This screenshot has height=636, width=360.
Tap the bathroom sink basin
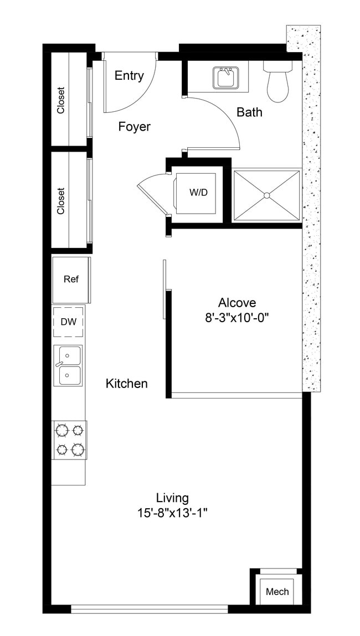pos(225,78)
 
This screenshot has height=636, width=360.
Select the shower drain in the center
pos(266,195)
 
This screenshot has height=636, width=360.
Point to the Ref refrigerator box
pos(71,279)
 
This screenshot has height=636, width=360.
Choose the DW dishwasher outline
pos(69,322)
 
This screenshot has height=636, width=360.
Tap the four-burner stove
pos(69,439)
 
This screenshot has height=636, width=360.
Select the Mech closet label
pos(277,592)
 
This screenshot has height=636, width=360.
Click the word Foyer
pos(135,127)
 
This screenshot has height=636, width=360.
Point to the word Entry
pos(129,76)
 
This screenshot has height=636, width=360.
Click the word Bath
pos(249,112)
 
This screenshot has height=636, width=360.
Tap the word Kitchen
pos(127,383)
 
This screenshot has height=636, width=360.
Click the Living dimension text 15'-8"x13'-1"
pos(172,513)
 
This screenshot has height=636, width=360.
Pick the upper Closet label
pos(60,100)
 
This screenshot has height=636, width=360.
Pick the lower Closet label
pos(60,201)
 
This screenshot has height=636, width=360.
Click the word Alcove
pos(237,303)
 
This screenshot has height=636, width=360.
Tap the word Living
pos(172,498)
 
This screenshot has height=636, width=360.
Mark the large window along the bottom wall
pos(150,609)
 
